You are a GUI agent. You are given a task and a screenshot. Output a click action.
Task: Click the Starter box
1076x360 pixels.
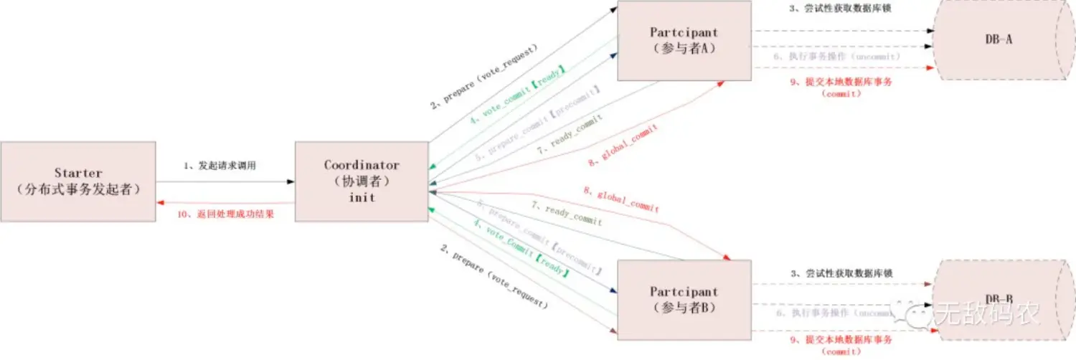[x=78, y=181]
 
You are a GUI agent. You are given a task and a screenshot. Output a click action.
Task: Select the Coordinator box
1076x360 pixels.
[x=362, y=181]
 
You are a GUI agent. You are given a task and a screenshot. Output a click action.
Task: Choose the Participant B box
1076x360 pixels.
[x=684, y=300]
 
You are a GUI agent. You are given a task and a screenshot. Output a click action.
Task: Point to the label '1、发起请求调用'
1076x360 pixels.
[x=219, y=166]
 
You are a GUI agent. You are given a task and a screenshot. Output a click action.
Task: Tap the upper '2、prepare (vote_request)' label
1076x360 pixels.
[x=483, y=76]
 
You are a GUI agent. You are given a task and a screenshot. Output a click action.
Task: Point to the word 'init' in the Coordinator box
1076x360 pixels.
[x=362, y=197]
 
